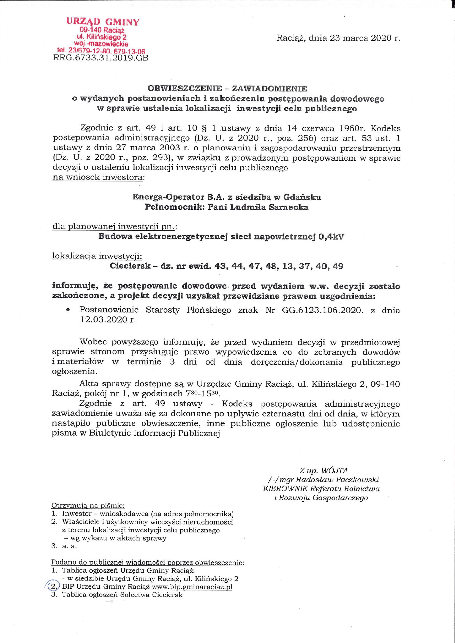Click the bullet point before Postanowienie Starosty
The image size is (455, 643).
tap(68, 311)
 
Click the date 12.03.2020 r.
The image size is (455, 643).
tap(108, 320)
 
